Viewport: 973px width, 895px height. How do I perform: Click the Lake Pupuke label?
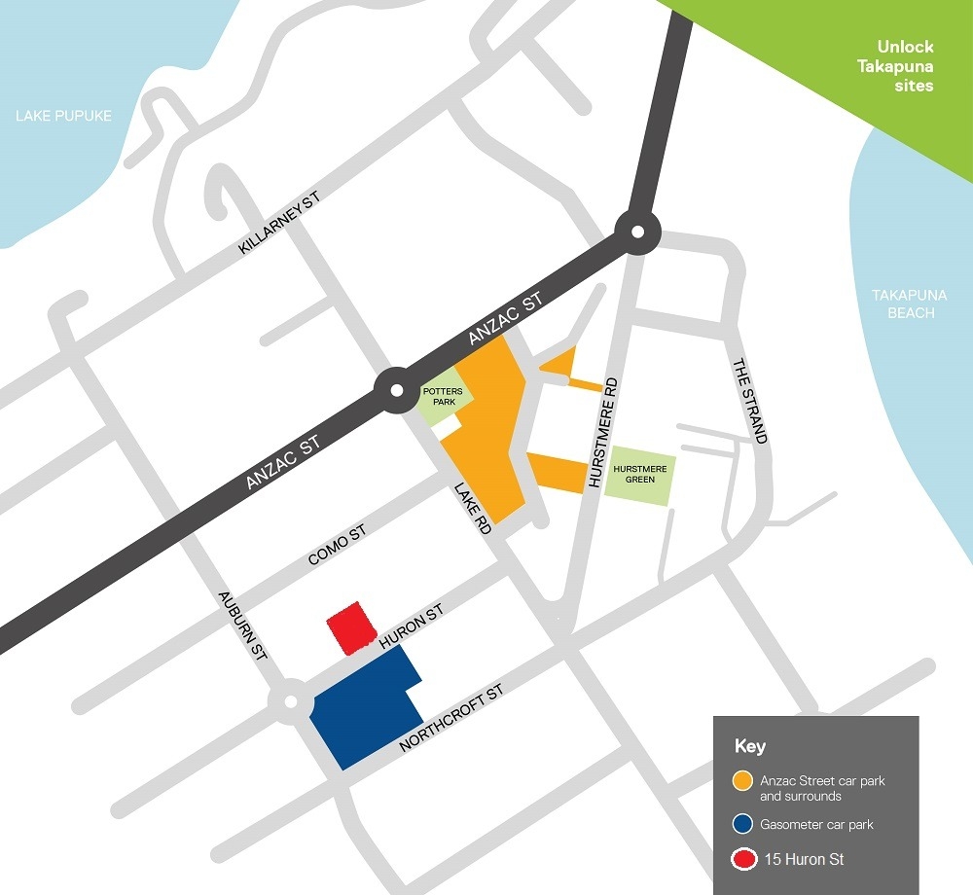(x=63, y=116)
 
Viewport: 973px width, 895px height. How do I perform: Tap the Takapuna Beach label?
(x=903, y=304)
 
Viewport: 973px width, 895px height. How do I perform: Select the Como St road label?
(x=336, y=545)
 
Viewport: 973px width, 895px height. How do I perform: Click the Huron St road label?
(x=412, y=626)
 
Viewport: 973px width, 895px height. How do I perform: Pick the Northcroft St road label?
(x=451, y=719)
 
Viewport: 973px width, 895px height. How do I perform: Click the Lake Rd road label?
(x=473, y=508)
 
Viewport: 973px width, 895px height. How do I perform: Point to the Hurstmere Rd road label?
(x=599, y=432)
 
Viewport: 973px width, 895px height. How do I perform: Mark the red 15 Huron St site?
(x=350, y=626)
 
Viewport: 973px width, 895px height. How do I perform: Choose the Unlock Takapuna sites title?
(x=905, y=65)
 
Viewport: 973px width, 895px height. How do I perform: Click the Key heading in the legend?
(x=749, y=747)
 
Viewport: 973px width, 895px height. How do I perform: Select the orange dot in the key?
(x=743, y=780)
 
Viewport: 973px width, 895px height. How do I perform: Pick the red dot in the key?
(x=743, y=859)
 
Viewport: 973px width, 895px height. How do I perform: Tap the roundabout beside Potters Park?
(x=396, y=391)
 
